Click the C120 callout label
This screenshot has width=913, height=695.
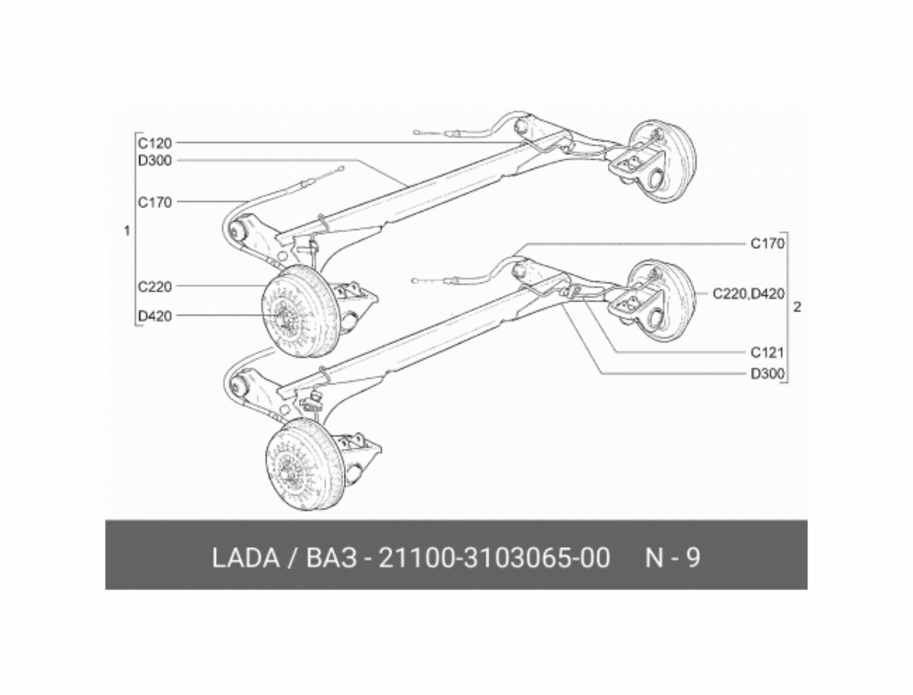coord(155,142)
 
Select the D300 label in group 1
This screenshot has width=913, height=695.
coord(155,160)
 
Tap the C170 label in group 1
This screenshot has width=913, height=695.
coord(155,202)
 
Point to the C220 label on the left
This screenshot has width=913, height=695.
coord(155,286)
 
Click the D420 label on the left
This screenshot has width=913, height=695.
coord(155,316)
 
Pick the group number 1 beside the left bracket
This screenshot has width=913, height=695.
coord(127,231)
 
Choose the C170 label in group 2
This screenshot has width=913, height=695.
coord(767,244)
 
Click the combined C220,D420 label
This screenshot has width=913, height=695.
coord(748,294)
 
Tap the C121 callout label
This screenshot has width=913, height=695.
coord(767,352)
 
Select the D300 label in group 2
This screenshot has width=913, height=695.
coord(767,374)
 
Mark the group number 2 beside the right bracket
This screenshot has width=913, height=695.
coord(797,308)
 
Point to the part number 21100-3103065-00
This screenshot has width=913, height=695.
coord(494,558)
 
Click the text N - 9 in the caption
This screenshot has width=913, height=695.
coord(673,558)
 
